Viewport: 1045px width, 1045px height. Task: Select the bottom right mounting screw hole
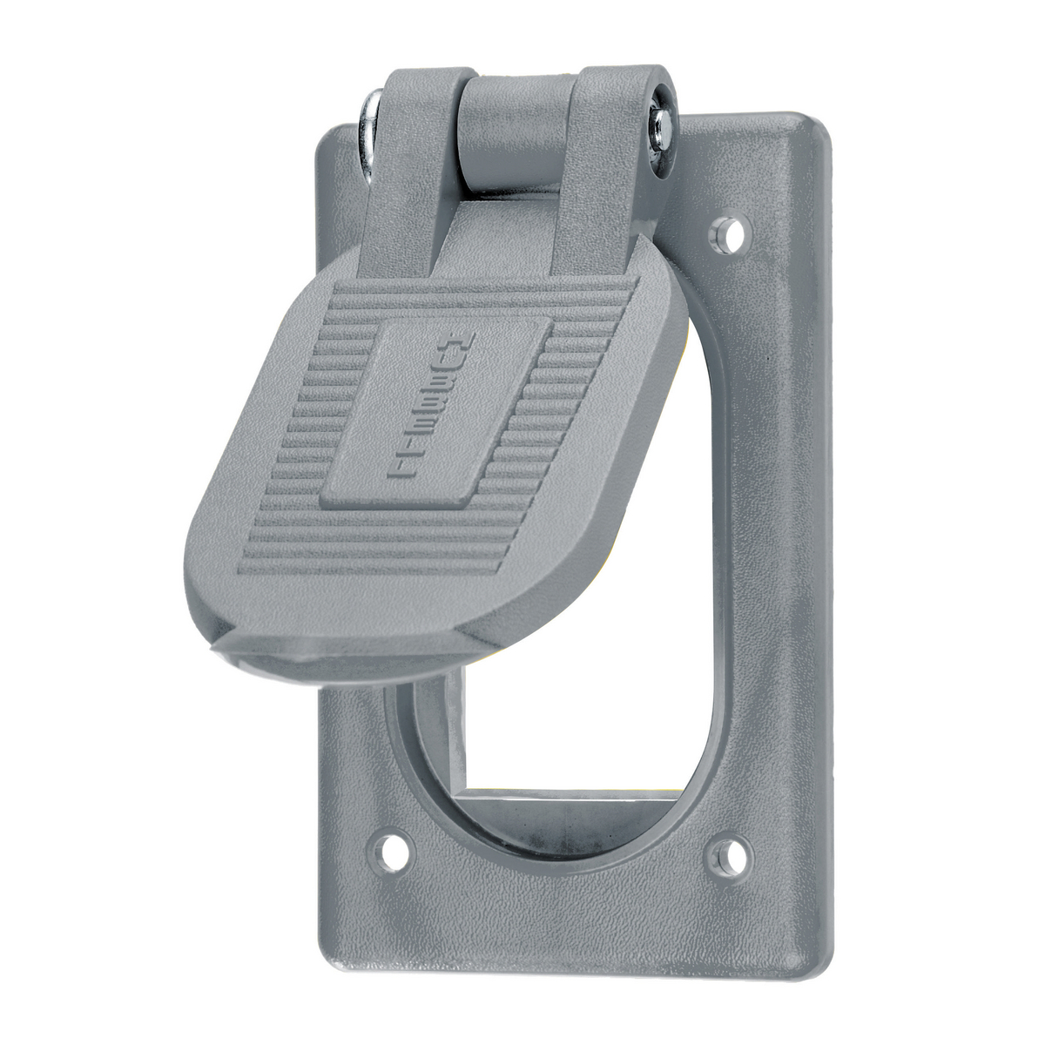(726, 858)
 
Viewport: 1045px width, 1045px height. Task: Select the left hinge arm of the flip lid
(411, 174)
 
